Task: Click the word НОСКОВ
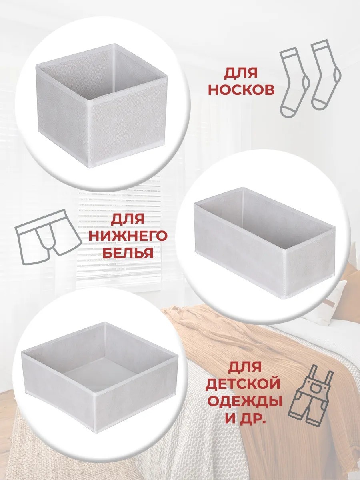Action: (x=241, y=90)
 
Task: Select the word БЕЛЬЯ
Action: (x=128, y=253)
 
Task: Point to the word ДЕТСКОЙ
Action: (x=243, y=383)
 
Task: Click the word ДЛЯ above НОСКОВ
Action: (x=240, y=73)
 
